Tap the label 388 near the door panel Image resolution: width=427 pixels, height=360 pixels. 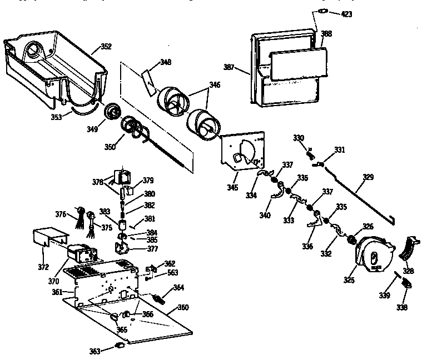[x=326, y=34]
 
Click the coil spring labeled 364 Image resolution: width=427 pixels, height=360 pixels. [x=160, y=299]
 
